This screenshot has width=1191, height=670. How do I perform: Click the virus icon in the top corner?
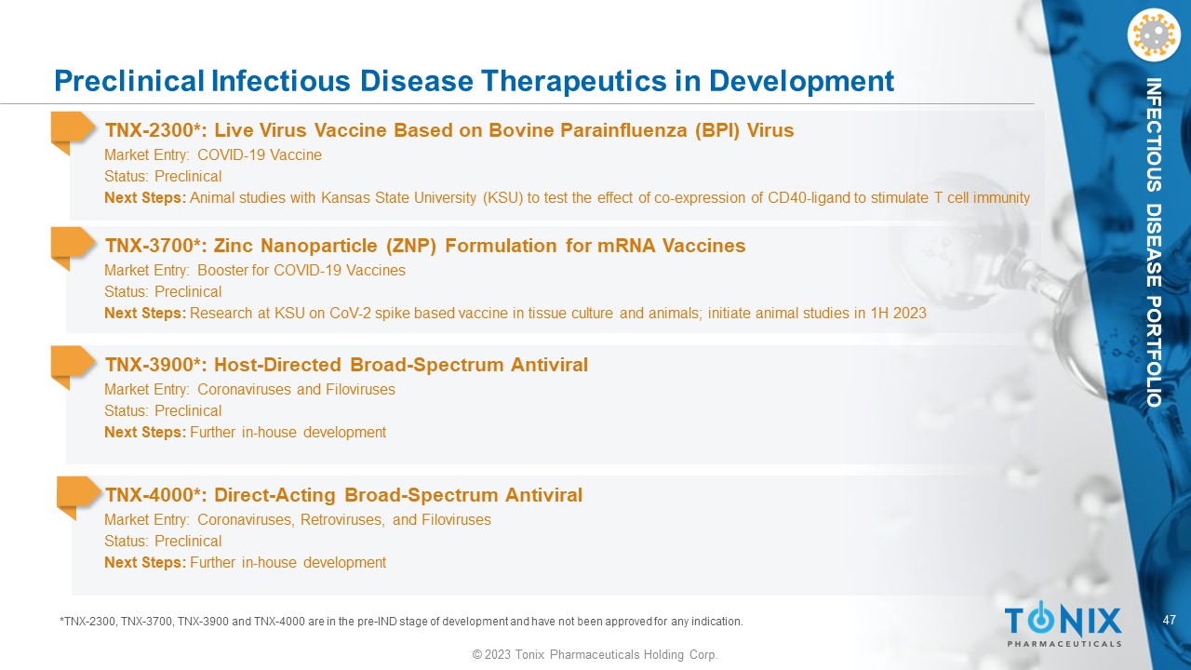point(1153,35)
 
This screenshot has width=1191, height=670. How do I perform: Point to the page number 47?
point(1169,620)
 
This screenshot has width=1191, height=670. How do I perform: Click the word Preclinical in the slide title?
point(129,81)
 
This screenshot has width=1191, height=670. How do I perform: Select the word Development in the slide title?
point(801,81)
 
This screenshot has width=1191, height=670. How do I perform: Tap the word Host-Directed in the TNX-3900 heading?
point(277,365)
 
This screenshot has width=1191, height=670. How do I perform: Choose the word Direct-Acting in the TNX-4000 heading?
point(274,495)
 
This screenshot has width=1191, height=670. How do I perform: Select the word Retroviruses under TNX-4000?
point(342,519)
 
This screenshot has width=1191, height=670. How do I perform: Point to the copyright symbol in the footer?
point(477,654)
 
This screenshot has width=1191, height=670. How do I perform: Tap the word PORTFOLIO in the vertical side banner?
point(1153,352)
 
